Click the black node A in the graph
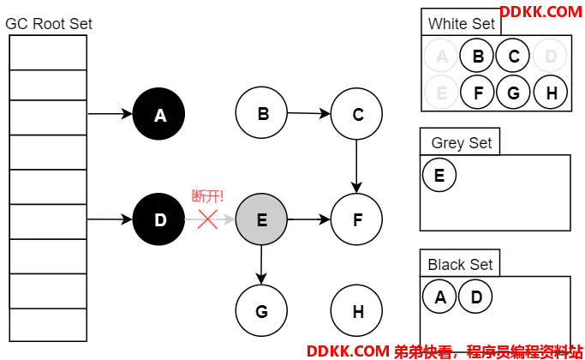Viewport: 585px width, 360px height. pos(159,114)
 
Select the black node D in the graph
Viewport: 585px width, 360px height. pos(159,219)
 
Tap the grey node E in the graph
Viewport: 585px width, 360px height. pos(261,219)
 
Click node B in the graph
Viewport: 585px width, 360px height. pos(261,113)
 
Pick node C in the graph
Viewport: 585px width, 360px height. pos(356,114)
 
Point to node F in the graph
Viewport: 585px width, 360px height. pos(356,219)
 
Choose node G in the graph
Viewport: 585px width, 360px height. pos(261,310)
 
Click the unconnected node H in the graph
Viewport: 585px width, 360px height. pos(356,310)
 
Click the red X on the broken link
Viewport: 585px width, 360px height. pos(208,219)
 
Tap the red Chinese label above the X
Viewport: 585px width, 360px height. pos(207,196)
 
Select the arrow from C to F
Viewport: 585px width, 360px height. pos(356,166)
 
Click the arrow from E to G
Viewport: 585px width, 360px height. pos(261,265)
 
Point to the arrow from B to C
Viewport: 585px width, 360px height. pos(309,113)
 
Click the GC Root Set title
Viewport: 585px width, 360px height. pos(49,24)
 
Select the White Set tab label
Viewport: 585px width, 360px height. pos(461,24)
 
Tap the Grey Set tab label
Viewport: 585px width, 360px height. pos(462,143)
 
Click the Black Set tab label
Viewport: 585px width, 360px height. pos(461,265)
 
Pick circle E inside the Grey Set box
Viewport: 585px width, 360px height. pos(439,175)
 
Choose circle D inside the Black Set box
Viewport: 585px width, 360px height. pos(475,297)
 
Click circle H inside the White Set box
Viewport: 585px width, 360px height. pos(551,92)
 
